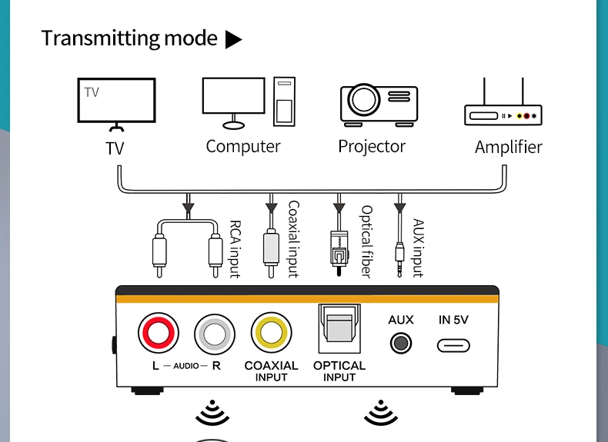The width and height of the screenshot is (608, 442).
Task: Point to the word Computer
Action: (243, 146)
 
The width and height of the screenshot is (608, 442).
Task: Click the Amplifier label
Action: (508, 147)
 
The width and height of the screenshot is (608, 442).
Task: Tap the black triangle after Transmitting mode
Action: (233, 40)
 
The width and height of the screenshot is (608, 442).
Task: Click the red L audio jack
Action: (159, 334)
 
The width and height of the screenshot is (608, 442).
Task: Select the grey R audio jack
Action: (212, 334)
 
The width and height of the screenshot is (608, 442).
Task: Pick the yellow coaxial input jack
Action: (271, 333)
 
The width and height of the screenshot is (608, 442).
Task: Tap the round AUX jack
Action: (400, 344)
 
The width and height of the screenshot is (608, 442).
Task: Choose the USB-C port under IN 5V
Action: (453, 345)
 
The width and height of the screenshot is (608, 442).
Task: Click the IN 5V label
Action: (454, 320)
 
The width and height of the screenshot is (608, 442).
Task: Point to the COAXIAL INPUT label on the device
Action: (271, 371)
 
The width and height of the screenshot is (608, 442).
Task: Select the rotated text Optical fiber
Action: (366, 241)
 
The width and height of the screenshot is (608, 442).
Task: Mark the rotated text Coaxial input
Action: (292, 239)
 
